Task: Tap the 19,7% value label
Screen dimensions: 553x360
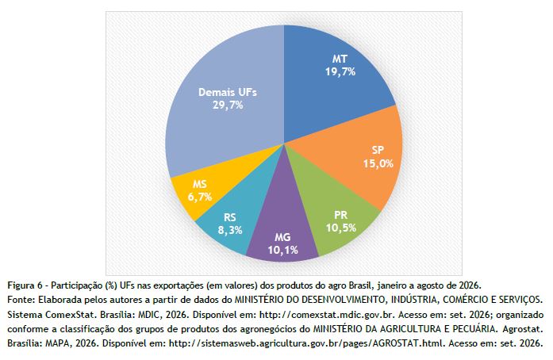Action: [340, 72]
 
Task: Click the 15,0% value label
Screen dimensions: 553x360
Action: [378, 163]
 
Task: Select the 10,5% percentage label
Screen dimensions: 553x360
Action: [340, 228]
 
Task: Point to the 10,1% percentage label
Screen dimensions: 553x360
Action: [283, 250]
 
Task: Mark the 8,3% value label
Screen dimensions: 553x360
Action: [230, 230]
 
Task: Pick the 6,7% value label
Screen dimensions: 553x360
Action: [200, 197]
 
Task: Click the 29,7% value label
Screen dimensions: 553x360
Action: [228, 105]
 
